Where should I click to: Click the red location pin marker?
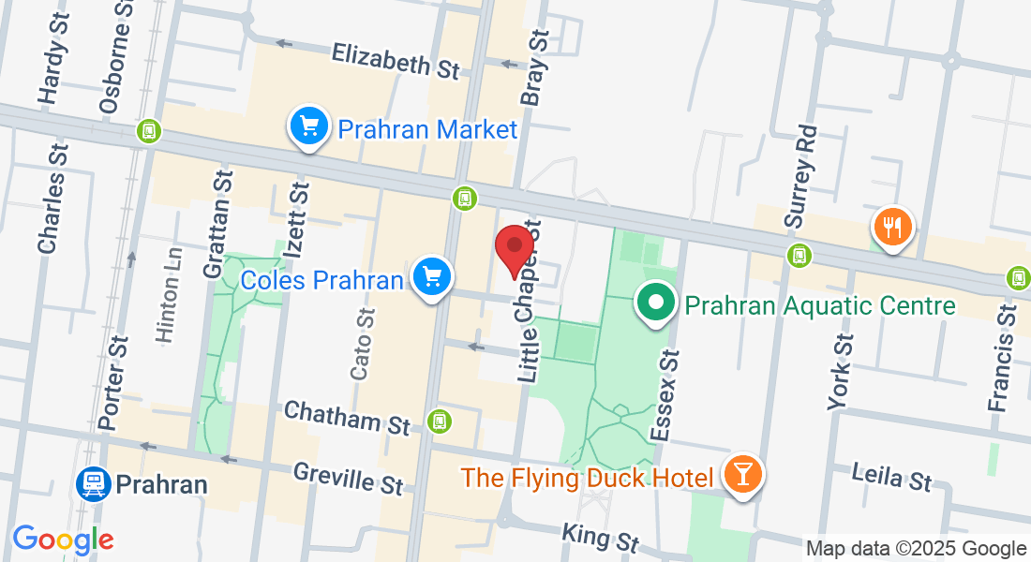pyautogui.click(x=514, y=247)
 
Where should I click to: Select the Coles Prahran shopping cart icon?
pyautogui.click(x=432, y=276)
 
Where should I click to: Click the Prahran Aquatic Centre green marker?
pyautogui.click(x=656, y=303)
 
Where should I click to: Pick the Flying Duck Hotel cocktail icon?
pyautogui.click(x=743, y=475)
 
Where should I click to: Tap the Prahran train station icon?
pyautogui.click(x=94, y=484)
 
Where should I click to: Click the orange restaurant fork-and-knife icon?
pyautogui.click(x=893, y=227)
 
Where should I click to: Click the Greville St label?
pyautogui.click(x=348, y=478)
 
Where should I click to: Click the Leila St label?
pyautogui.click(x=891, y=477)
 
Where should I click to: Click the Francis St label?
pyautogui.click(x=1002, y=357)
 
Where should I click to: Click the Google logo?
pyautogui.click(x=63, y=540)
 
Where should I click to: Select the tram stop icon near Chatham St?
pyautogui.click(x=438, y=421)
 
